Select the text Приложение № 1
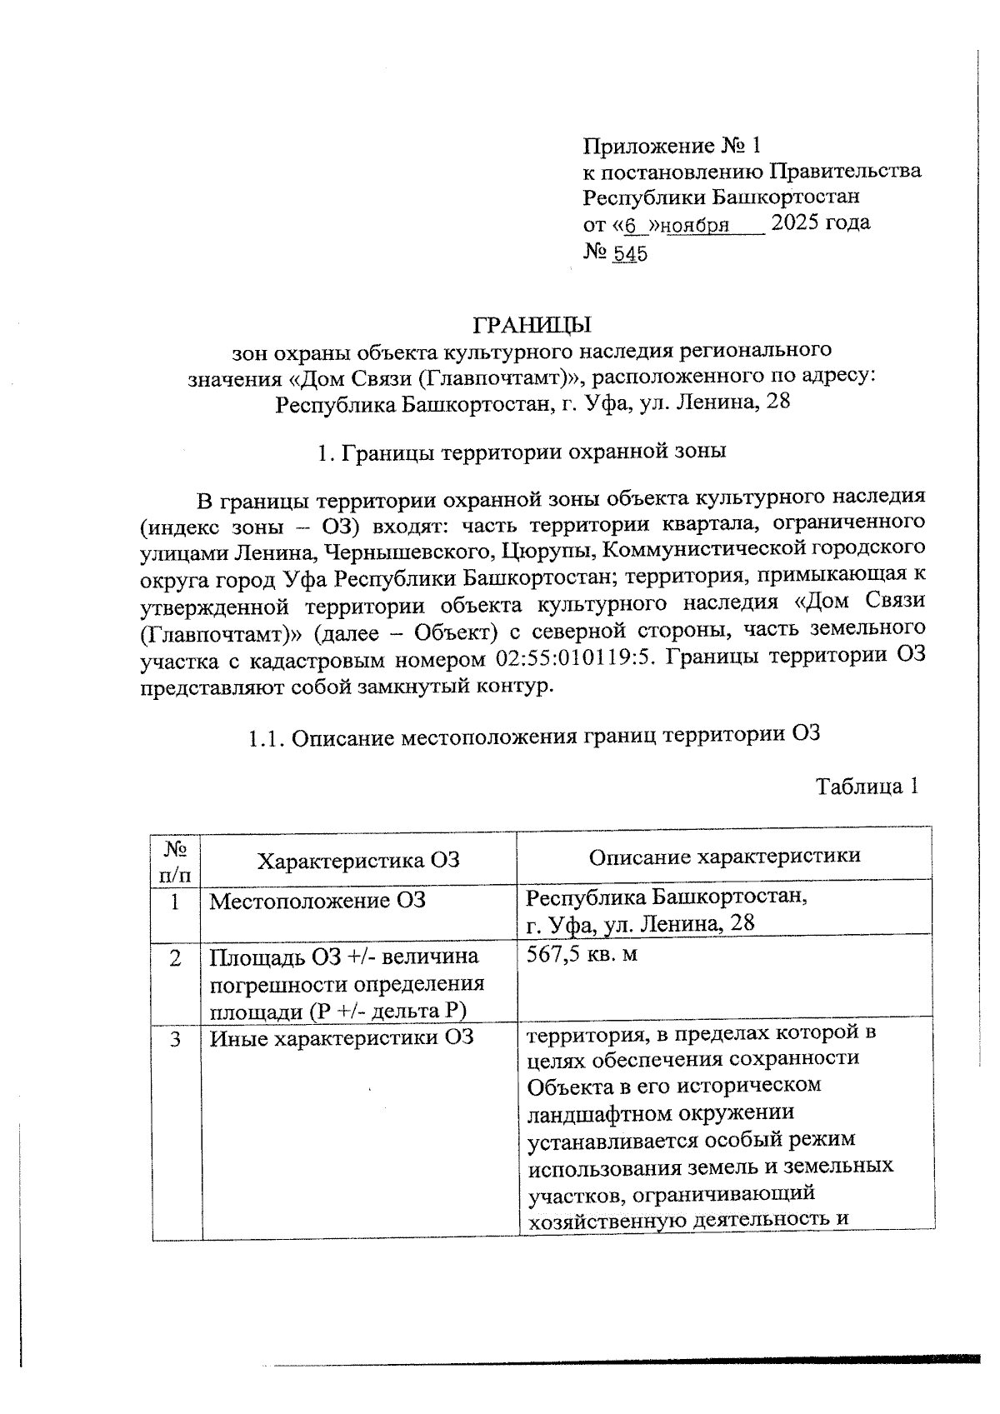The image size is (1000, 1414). pos(671,147)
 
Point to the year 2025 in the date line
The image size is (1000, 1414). pos(797,223)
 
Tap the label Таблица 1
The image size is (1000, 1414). pos(867,787)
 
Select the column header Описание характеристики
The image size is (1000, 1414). pos(724,857)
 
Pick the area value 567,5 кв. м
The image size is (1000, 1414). pos(582,954)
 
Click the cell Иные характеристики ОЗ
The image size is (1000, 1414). pos(341,1038)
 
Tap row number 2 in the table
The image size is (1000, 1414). pos(175,959)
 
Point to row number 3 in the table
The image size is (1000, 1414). pos(175,1040)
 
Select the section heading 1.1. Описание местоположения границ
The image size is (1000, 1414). pos(534,736)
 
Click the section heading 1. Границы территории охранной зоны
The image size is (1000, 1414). pos(522,452)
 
